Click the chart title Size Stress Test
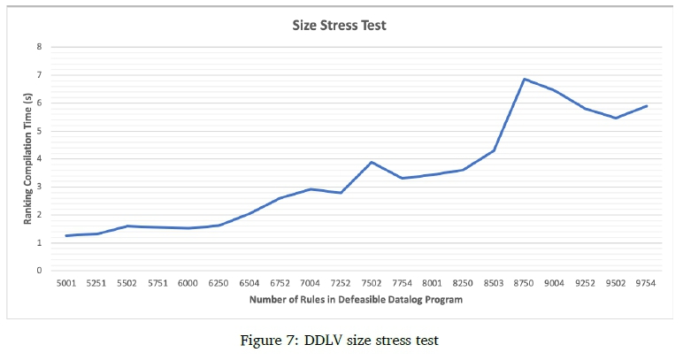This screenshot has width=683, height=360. pos(340,26)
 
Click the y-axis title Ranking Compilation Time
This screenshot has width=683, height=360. pos(28,160)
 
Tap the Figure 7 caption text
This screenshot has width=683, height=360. pos(340,341)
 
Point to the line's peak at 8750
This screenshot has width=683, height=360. pos(525,79)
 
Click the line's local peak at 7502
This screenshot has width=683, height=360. pos(372,162)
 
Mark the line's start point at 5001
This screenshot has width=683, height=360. pos(66,235)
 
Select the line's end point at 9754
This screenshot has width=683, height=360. pos(648,106)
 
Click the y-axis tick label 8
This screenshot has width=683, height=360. pos(38,47)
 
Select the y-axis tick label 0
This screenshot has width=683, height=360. pos(38,271)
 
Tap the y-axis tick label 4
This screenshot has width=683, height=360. pos(38,158)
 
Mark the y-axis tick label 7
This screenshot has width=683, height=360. pos(38,75)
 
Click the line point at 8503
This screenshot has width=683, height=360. pos(495,150)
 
